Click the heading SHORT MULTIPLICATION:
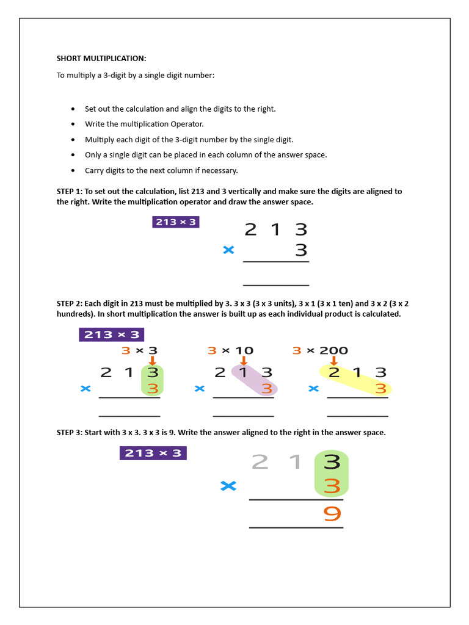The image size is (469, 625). pos(101,59)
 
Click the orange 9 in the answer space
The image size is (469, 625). pos(332,515)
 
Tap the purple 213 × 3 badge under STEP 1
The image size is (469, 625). pos(176,222)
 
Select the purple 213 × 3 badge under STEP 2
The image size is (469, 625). pos(111,334)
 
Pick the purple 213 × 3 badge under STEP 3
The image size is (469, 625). pos(153,453)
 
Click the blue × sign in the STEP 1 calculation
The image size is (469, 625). pos(229,250)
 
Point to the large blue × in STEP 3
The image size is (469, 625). pos(228,486)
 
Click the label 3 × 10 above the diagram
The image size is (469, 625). pos(230,350)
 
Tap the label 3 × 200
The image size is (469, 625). pos(320,350)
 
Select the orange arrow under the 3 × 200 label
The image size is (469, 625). pos(333,361)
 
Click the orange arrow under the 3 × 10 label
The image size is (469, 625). pos(243,361)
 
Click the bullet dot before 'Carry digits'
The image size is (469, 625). pos(73,171)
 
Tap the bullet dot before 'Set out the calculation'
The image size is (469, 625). pos(73,109)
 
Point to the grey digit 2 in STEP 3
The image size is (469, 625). pos(260,462)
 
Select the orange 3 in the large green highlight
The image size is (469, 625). pos(332,486)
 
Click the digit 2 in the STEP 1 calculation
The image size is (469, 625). pos(250,229)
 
